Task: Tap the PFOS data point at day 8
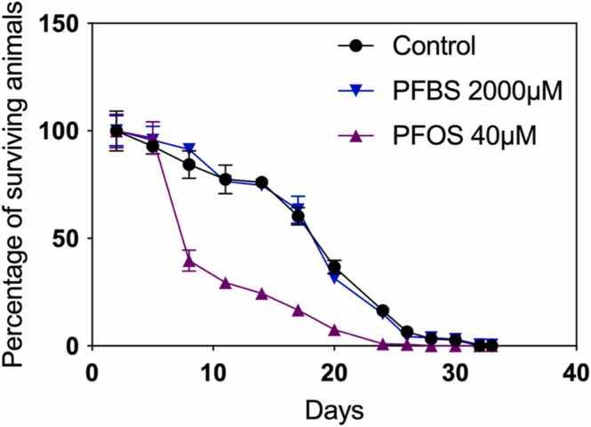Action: coord(189,261)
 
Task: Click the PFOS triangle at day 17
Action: coord(298,310)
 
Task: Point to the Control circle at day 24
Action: coord(383,311)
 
